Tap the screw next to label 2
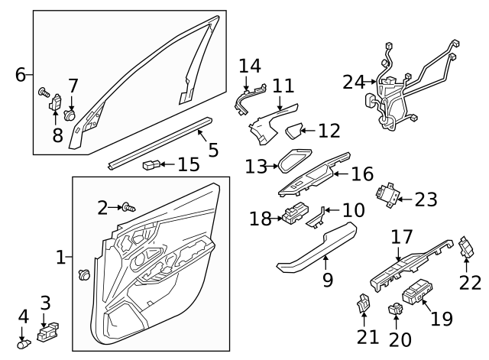[x=128, y=206]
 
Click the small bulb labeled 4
[x=23, y=342]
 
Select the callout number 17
[x=402, y=238]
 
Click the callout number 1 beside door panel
[x=62, y=258]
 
